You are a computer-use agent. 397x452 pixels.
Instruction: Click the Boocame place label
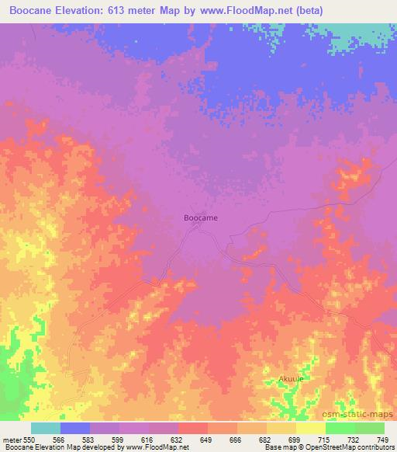coord(200,218)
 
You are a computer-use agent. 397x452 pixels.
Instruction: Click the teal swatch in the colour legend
coord(46,429)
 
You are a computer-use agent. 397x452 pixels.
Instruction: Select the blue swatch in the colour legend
coord(75,429)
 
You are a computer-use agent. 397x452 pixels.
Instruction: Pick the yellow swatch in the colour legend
coord(311,429)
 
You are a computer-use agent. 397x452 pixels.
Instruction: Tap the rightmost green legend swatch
coord(370,429)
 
